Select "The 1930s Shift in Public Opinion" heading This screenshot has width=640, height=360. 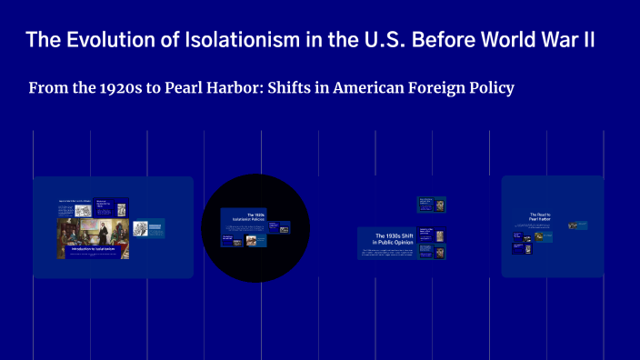[385, 239]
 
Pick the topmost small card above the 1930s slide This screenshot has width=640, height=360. [431, 205]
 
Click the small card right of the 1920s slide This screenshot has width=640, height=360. [285, 229]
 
